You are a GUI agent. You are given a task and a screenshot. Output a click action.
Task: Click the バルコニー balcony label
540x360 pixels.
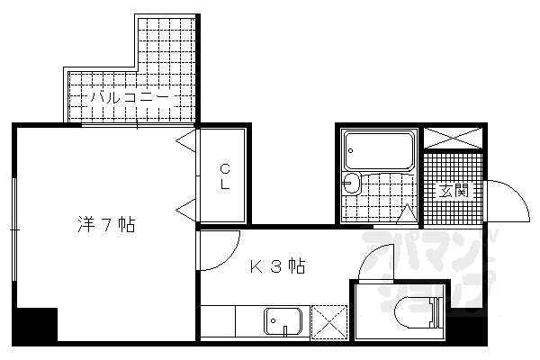(130, 98)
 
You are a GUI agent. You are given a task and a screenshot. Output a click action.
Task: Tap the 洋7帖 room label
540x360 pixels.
(106, 225)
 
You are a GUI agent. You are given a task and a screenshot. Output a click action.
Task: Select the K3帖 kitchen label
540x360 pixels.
(277, 265)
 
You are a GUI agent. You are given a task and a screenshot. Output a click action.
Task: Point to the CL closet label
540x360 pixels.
(225, 176)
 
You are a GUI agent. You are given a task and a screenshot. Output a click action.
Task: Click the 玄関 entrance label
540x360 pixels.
(454, 191)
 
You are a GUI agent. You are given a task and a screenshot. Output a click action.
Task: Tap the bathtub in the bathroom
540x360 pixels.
(379, 150)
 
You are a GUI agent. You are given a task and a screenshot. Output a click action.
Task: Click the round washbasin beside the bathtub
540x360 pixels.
(351, 182)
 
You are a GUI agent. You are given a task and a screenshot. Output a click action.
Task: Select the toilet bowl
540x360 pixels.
(418, 313)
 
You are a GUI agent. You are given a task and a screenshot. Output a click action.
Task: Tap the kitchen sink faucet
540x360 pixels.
(285, 330)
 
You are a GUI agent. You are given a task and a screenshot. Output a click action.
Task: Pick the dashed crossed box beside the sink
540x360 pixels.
(329, 322)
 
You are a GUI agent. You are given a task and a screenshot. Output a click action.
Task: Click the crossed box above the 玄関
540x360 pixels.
(453, 138)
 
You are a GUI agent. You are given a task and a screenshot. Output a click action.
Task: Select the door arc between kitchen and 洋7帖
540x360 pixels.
(228, 256)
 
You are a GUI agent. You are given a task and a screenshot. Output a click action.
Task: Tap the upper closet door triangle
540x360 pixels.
(186, 140)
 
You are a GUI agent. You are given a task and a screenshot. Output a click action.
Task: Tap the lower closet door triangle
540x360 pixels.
(186, 210)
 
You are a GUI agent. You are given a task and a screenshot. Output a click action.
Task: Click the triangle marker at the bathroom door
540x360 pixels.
(407, 213)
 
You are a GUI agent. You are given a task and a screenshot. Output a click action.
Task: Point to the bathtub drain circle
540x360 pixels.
(351, 150)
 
